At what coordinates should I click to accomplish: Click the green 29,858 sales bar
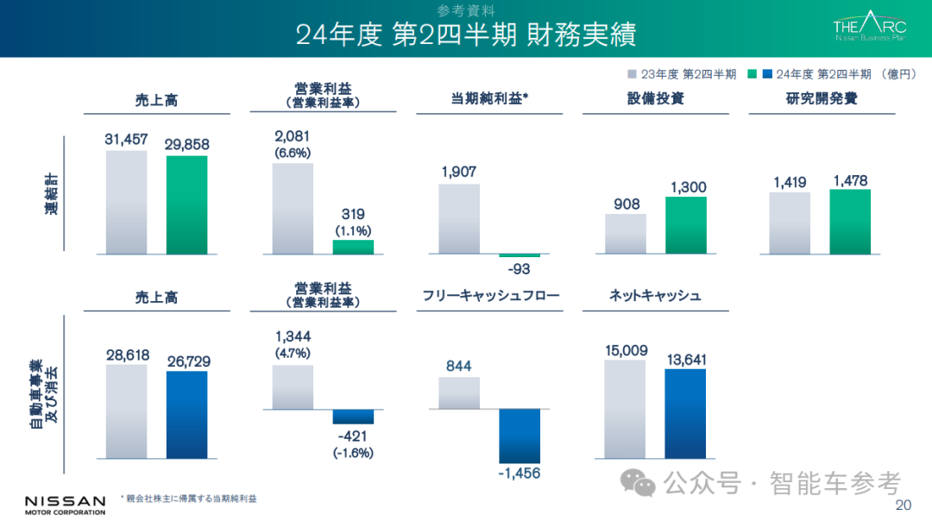(186, 204)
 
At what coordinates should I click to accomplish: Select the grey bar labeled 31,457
(126, 202)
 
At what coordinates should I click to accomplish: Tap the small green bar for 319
(353, 247)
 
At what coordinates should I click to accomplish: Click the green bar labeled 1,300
(685, 224)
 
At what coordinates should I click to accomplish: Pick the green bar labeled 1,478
(850, 222)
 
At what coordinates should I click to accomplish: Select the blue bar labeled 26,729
(186, 414)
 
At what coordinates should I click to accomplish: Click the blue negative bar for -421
(353, 417)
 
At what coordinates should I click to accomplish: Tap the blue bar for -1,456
(519, 436)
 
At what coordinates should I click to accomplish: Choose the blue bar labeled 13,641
(685, 413)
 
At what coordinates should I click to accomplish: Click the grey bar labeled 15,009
(625, 409)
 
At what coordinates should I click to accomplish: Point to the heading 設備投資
(655, 98)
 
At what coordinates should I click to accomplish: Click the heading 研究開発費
(822, 98)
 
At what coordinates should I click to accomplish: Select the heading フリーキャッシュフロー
(491, 296)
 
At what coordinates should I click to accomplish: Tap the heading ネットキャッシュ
(655, 296)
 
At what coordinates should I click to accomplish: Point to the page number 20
(904, 505)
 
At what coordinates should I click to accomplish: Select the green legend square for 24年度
(753, 74)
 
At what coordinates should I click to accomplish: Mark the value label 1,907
(458, 172)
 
